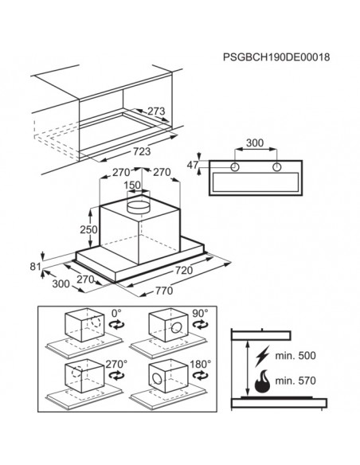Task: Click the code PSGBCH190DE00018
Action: (x=276, y=57)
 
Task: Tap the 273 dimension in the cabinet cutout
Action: (x=156, y=111)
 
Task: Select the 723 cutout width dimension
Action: (x=142, y=151)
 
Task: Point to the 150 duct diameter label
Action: (x=132, y=185)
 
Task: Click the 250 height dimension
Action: (x=88, y=229)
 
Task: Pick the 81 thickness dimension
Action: (x=35, y=267)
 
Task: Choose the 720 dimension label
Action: (x=184, y=270)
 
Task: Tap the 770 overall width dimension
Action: (x=164, y=291)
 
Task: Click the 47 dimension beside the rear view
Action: (x=192, y=165)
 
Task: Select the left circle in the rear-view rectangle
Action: (x=235, y=167)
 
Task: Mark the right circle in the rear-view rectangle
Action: (x=276, y=167)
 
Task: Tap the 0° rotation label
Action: (x=116, y=313)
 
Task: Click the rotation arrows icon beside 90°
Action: (x=200, y=325)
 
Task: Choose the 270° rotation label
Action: (x=116, y=364)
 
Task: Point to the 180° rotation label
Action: (x=201, y=364)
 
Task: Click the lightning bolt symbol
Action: (x=263, y=356)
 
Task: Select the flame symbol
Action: (x=263, y=381)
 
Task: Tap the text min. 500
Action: (x=295, y=355)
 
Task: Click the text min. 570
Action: (x=295, y=380)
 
